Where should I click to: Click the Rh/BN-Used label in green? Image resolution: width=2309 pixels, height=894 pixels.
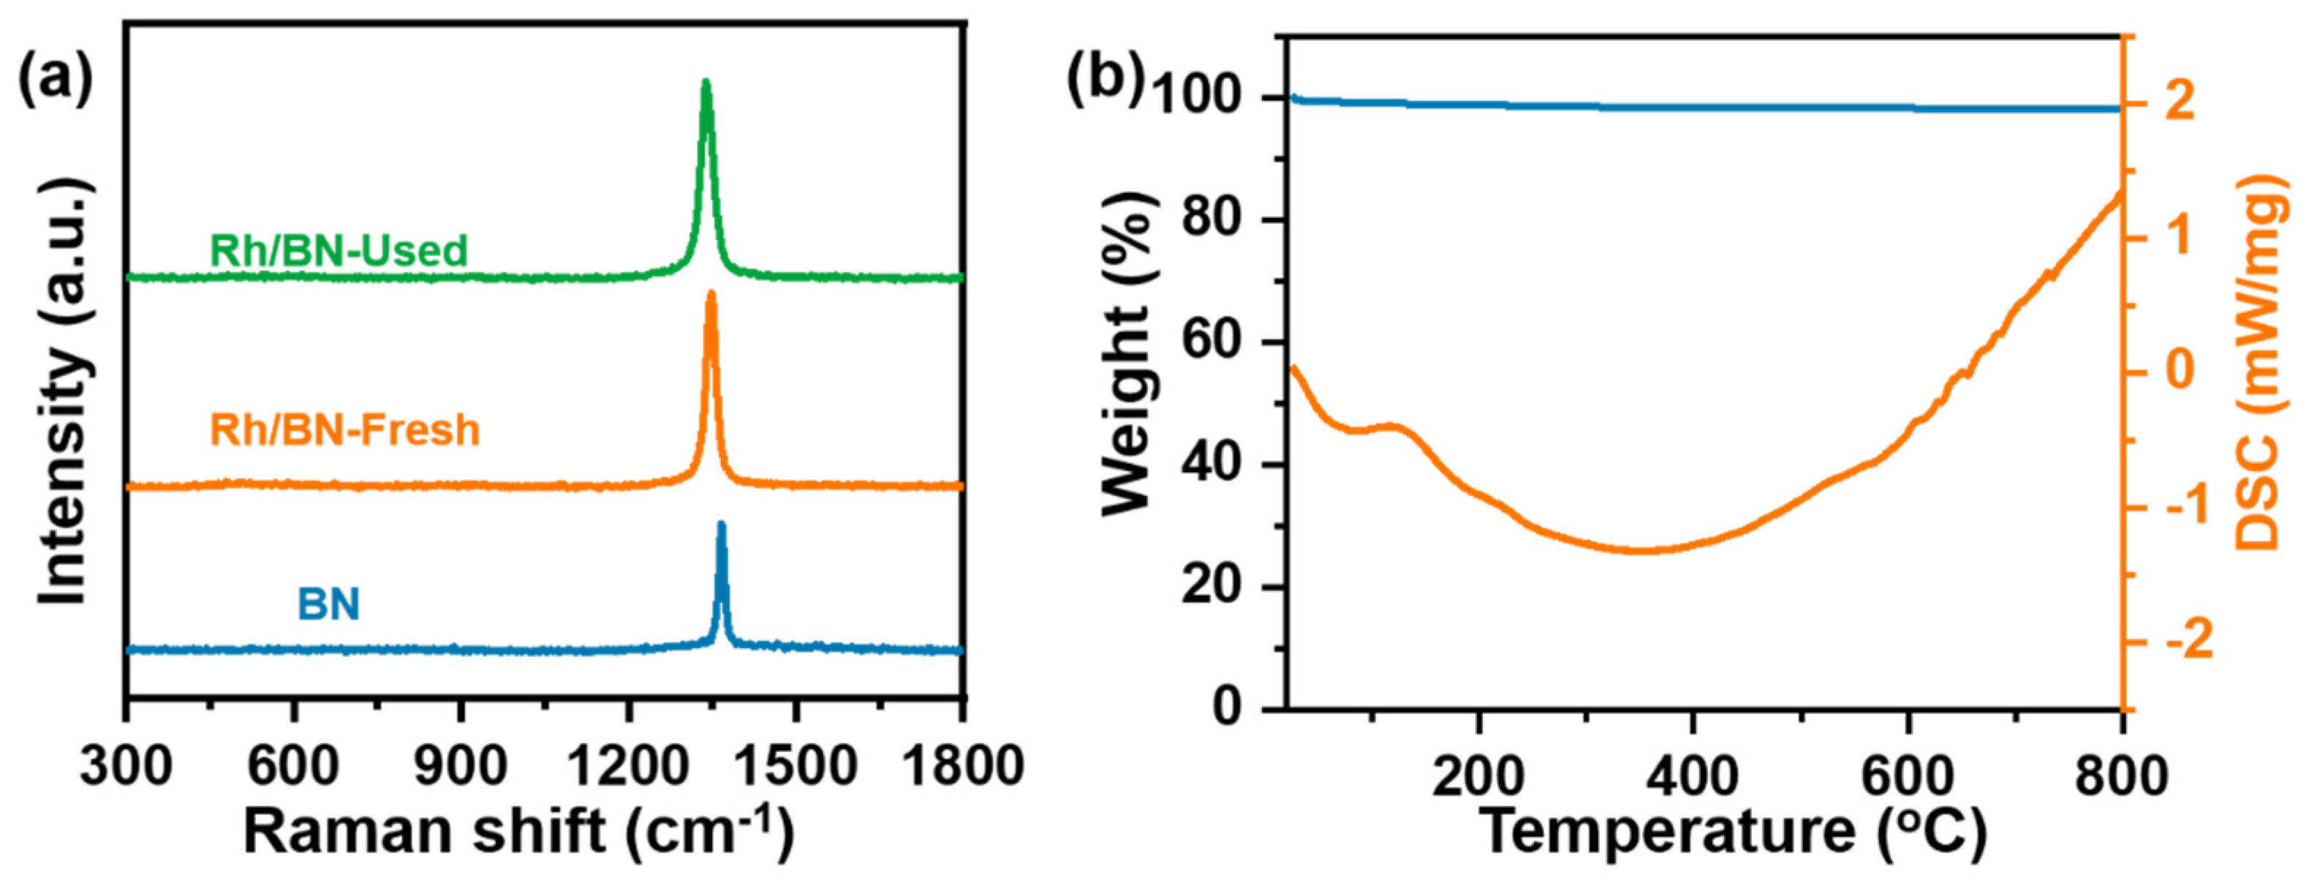coord(339,250)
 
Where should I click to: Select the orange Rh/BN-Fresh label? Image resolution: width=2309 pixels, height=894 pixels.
coord(344,429)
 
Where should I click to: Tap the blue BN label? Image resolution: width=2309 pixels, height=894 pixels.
coord(328,604)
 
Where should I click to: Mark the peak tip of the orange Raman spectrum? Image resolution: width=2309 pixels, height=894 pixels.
coord(711,293)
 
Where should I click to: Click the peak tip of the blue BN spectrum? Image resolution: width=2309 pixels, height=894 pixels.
coord(722,524)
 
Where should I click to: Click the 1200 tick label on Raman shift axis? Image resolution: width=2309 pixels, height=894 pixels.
coord(628,767)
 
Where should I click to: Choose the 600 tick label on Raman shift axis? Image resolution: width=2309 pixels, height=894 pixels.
coord(293,767)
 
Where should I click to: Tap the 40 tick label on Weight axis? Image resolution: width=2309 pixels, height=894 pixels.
coord(1217,466)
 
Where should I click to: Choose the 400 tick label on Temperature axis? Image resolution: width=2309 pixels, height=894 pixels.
coord(1691,775)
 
